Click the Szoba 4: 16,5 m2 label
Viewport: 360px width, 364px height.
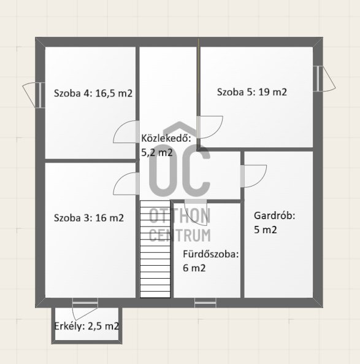93,93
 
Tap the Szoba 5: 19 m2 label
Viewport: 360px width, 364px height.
252,92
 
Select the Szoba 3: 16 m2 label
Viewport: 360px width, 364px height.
89,218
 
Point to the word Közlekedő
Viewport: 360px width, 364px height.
166,138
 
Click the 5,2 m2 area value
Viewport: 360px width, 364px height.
157,152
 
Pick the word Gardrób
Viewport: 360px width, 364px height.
275,216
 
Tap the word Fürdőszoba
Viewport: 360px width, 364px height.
210,254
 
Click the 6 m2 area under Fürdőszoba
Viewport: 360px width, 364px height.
194,268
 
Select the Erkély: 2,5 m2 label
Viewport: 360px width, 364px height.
86,326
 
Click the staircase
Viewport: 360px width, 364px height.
155,249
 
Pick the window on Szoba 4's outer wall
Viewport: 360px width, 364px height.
40,95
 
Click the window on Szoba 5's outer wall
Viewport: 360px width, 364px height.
318,79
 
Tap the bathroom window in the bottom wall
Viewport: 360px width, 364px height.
205,303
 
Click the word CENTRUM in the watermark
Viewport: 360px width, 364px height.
180,235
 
